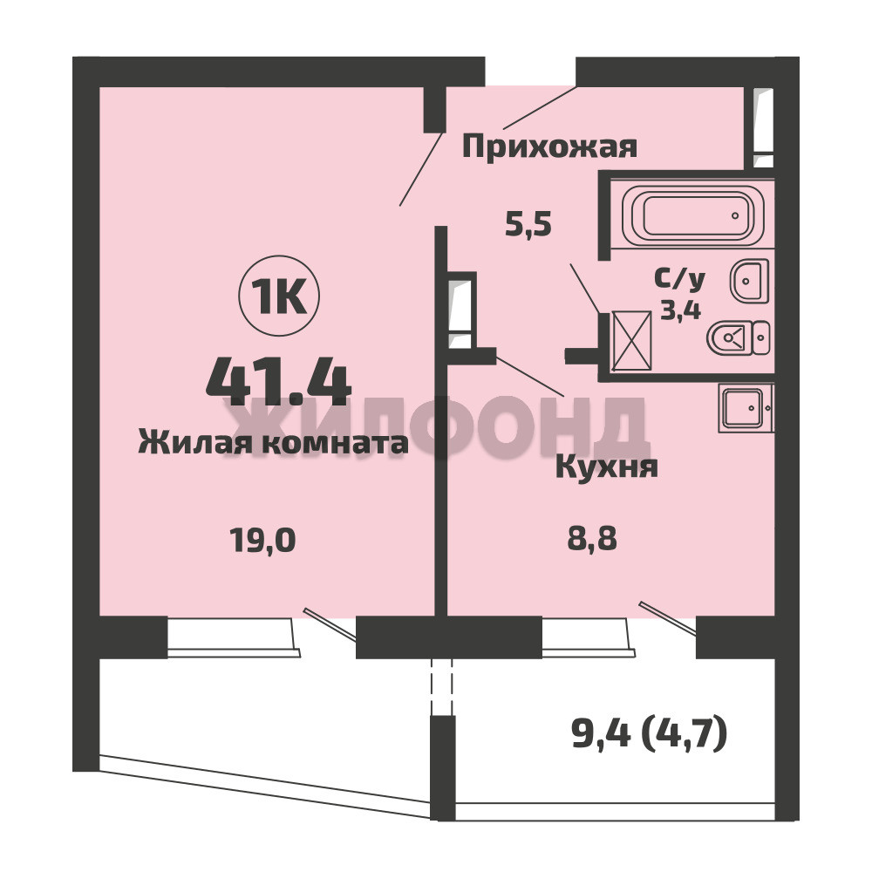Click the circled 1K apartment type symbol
pyautogui.click(x=279, y=296)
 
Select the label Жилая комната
pyautogui.click(x=273, y=443)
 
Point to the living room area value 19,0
pyautogui.click(x=262, y=540)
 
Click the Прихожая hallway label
pyautogui.click(x=549, y=147)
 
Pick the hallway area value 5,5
pyautogui.click(x=528, y=225)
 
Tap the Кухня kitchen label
pyautogui.click(x=607, y=467)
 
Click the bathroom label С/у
pyautogui.click(x=679, y=280)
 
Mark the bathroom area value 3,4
pyautogui.click(x=680, y=309)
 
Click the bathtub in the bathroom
pyautogui.click(x=692, y=215)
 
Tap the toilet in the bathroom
pyautogui.click(x=739, y=337)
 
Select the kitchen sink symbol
pyautogui.click(x=746, y=407)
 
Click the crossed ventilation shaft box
pyautogui.click(x=631, y=340)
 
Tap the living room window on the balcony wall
pyautogui.click(x=234, y=637)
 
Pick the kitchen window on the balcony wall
pyautogui.click(x=589, y=637)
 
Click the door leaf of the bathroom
pyautogui.click(x=585, y=289)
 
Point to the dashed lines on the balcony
pyautogui.click(x=441, y=686)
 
